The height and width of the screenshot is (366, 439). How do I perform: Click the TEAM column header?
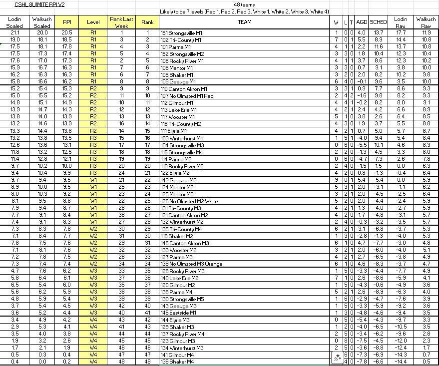pyautogui.click(x=244, y=22)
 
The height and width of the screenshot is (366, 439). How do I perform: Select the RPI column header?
pyautogui.click(x=67, y=22)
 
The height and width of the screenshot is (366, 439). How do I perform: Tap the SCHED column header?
pyautogui.click(x=378, y=22)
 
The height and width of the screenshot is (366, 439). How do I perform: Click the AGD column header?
pyautogui.click(x=362, y=22)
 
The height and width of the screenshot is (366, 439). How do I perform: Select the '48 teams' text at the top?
pyautogui.click(x=244, y=4)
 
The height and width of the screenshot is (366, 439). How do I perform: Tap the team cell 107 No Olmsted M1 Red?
pyautogui.click(x=187, y=96)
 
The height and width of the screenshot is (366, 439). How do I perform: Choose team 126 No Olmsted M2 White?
pyautogui.click(x=189, y=201)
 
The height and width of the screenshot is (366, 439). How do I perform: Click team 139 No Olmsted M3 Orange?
pyautogui.click(x=191, y=264)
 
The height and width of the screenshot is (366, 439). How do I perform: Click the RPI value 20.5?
pyautogui.click(x=67, y=33)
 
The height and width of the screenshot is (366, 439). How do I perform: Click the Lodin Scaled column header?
pyautogui.click(x=15, y=22)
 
